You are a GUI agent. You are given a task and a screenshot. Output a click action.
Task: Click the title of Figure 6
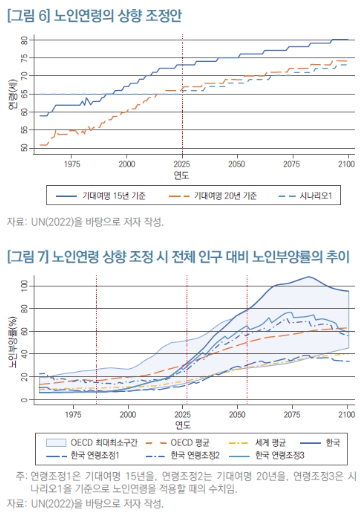tap(94, 16)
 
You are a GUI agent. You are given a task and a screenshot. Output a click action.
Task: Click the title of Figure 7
tap(178, 257)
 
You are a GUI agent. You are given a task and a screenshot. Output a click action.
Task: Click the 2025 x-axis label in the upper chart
tap(182, 164)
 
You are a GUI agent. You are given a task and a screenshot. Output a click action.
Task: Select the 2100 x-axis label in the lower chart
tap(347, 415)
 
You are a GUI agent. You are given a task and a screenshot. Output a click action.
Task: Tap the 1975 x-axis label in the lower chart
tap(73, 415)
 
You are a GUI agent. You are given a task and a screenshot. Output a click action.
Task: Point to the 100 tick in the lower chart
tap(24, 286)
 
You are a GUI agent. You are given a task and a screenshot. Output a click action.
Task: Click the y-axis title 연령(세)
tap(12, 95)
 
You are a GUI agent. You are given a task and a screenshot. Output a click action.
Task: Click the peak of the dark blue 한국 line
tap(308, 277)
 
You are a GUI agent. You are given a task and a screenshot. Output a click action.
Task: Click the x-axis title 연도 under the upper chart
tap(182, 175)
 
